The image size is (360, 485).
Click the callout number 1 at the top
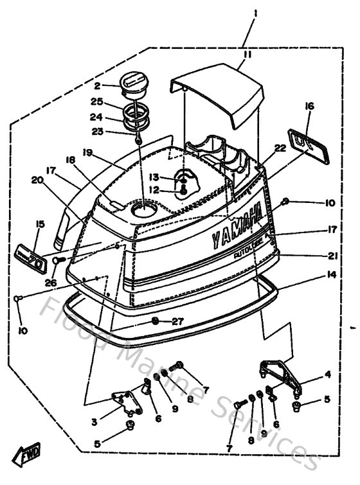[x=255, y=13]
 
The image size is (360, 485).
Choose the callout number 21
[x=332, y=256]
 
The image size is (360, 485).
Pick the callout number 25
[x=97, y=101]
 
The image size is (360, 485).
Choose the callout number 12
[x=153, y=189]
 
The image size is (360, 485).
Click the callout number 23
[x=97, y=132]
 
